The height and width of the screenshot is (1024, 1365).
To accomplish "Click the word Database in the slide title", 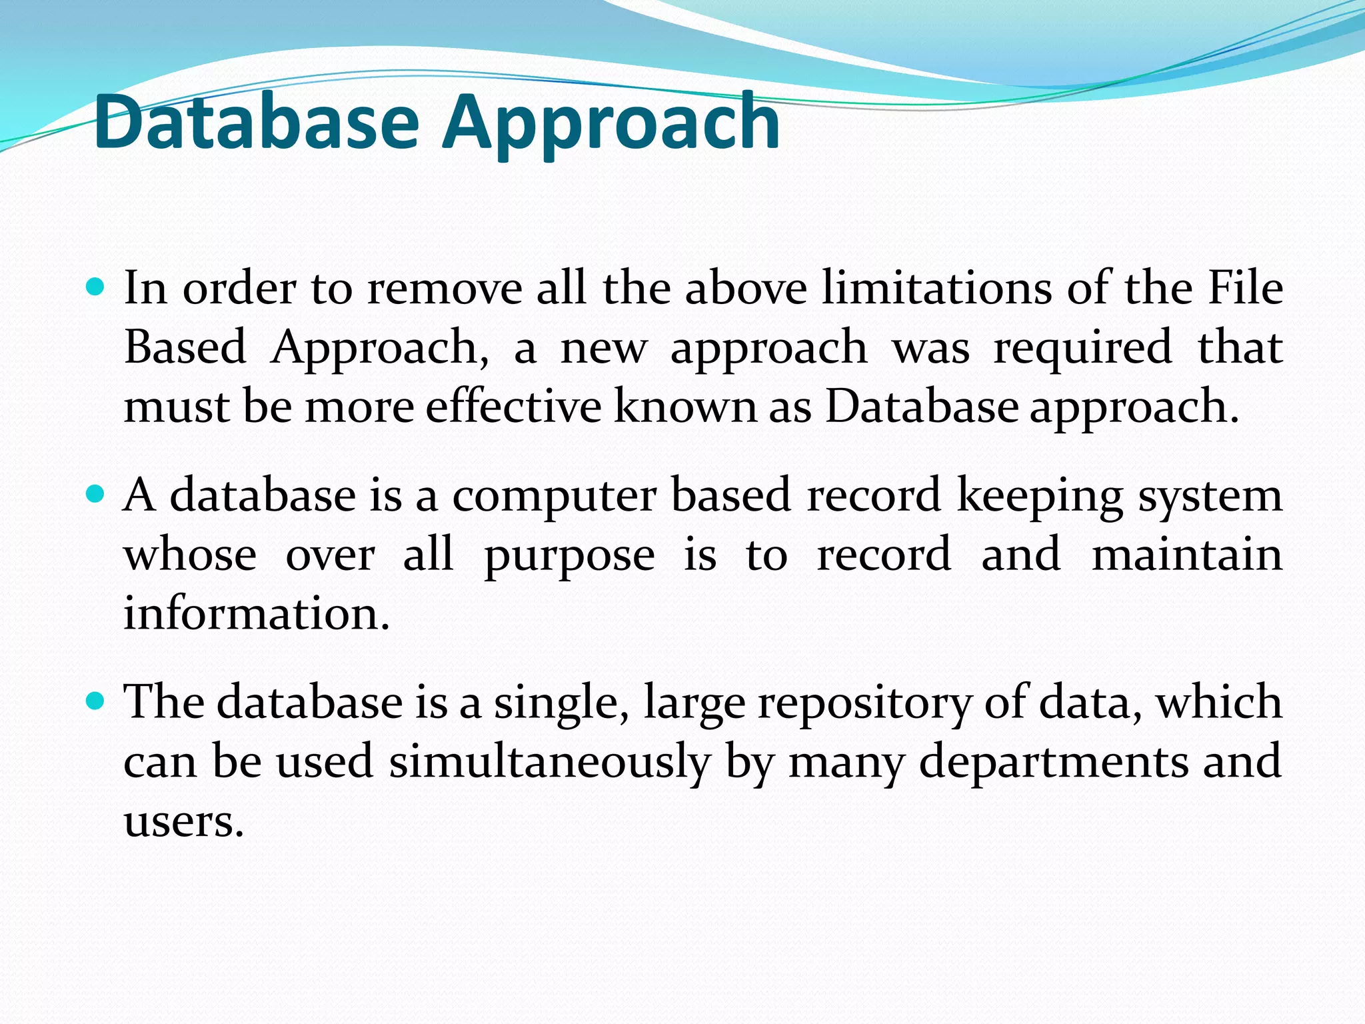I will [x=257, y=123].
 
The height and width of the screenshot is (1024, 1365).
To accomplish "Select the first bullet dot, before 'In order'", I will [x=97, y=288].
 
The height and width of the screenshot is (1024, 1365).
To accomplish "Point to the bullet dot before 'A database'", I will [x=97, y=495].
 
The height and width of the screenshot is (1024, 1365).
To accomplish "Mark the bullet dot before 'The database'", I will [x=97, y=701].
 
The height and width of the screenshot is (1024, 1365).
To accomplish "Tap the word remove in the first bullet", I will [x=445, y=289].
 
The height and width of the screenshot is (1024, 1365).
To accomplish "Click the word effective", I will [x=513, y=406].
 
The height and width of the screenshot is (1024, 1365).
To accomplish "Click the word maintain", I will [x=1187, y=554].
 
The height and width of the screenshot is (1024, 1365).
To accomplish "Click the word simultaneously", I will [x=550, y=762].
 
